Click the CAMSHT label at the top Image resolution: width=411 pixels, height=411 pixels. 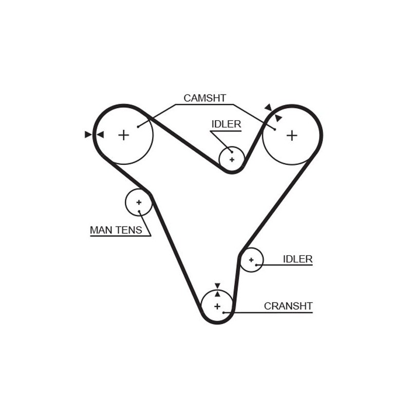pyautogui.click(x=204, y=98)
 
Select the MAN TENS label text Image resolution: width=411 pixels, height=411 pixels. pyautogui.click(x=116, y=230)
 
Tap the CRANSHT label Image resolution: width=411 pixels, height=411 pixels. pyautogui.click(x=288, y=306)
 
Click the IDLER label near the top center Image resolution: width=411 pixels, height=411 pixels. pyautogui.click(x=226, y=124)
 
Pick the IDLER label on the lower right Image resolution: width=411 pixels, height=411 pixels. pyautogui.click(x=297, y=259)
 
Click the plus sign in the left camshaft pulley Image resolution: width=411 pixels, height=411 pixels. pyautogui.click(x=123, y=135)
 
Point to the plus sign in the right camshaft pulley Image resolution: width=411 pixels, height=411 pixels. pyautogui.click(x=292, y=136)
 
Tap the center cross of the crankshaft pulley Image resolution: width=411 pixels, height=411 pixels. pyautogui.click(x=217, y=307)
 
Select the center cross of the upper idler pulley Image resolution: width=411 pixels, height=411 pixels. pyautogui.click(x=232, y=160)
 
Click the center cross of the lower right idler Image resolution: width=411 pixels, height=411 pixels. pyautogui.click(x=251, y=260)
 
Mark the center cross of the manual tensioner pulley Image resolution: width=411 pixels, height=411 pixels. pyautogui.click(x=139, y=202)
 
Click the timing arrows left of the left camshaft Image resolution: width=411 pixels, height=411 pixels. pyautogui.click(x=94, y=135)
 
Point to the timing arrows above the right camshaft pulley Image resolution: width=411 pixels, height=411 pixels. pyautogui.click(x=273, y=113)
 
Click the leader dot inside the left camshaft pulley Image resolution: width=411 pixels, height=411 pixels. pyautogui.click(x=138, y=126)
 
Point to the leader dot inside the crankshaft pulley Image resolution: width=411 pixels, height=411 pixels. pyautogui.click(x=224, y=312)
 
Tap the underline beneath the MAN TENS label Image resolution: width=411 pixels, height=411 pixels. pyautogui.click(x=120, y=236)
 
